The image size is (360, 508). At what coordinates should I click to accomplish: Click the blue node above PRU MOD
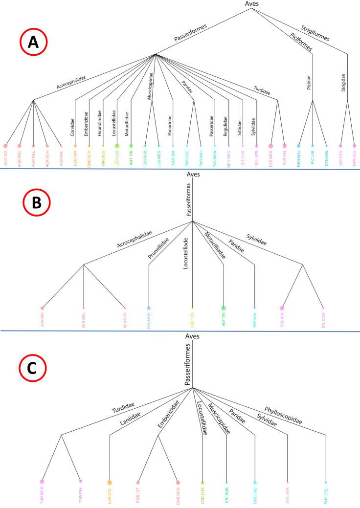tap(149, 308)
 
